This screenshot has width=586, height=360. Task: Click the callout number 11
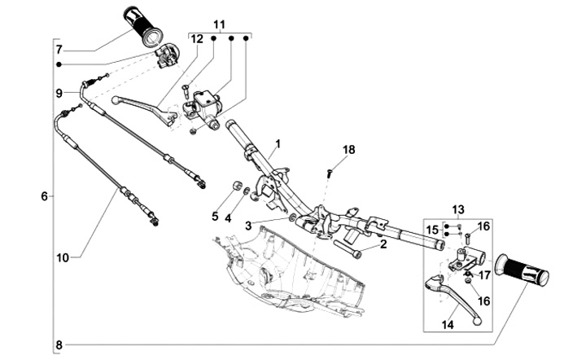220,24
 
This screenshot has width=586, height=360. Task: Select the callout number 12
197,39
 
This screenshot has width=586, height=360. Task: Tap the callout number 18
348,150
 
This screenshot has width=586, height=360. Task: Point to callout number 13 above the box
458,209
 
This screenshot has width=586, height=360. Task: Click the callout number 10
63,257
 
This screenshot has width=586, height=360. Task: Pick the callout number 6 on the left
45,196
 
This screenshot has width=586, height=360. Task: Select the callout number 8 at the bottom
59,345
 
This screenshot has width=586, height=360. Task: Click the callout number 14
448,325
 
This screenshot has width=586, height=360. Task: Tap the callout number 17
484,275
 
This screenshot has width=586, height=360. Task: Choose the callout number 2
383,244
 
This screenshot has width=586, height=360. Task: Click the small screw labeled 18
330,173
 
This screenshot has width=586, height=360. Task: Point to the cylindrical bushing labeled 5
235,186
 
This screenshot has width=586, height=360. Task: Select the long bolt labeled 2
348,248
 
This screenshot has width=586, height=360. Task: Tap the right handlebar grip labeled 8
522,270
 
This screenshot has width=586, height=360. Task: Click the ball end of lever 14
477,321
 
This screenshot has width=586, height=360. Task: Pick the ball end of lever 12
116,100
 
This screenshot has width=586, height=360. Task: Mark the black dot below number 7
59,64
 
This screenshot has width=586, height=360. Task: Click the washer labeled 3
291,217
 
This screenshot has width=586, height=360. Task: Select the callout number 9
59,93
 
